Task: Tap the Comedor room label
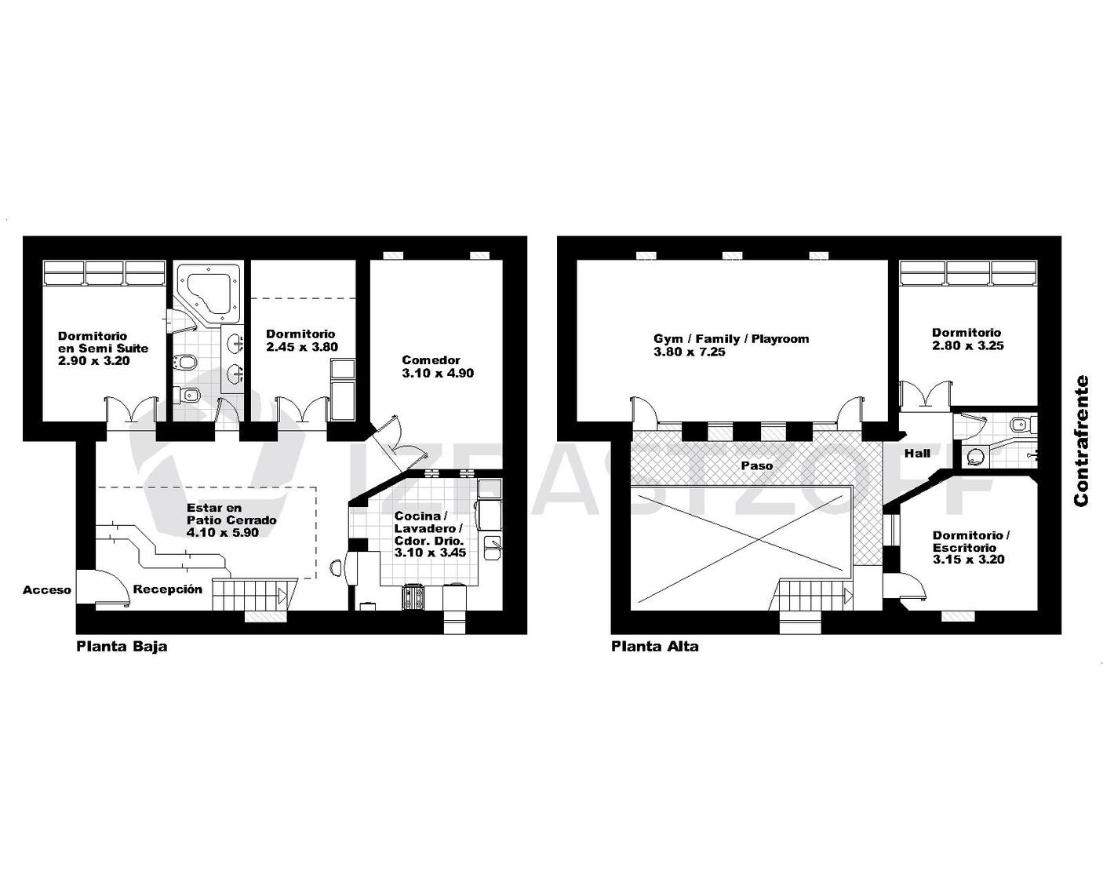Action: [x=431, y=360]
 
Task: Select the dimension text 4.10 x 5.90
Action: [x=223, y=533]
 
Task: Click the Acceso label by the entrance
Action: [x=46, y=590]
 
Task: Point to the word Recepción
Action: [x=168, y=589]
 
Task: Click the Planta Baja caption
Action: [x=122, y=646]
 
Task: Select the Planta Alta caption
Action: [x=654, y=646]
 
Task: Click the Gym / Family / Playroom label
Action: [x=731, y=339]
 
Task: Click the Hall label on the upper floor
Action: [x=917, y=454]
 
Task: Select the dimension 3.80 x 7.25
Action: [x=690, y=352]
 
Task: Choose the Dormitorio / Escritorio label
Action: [x=970, y=542]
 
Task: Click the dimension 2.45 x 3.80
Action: [x=302, y=347]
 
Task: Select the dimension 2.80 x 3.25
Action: [x=968, y=345]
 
